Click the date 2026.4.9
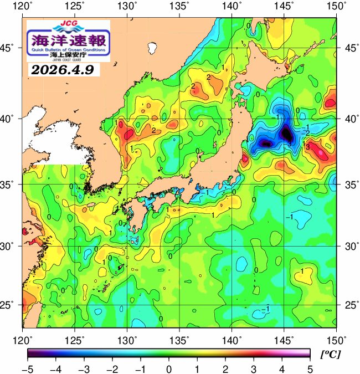click(x=62, y=70)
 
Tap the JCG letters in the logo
click(x=68, y=24)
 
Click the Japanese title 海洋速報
click(x=68, y=40)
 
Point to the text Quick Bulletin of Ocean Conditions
click(x=68, y=50)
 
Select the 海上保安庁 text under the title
click(x=68, y=55)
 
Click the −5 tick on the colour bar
click(x=28, y=368)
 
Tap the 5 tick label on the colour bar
click(x=309, y=368)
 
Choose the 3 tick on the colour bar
click(x=253, y=368)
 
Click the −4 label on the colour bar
click(x=55, y=368)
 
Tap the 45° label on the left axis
click(x=10, y=48)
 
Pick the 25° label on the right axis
click(x=349, y=305)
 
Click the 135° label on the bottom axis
click(x=179, y=339)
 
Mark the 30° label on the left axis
click(x=10, y=245)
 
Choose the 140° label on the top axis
click(x=232, y=7)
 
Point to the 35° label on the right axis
click(x=349, y=184)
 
